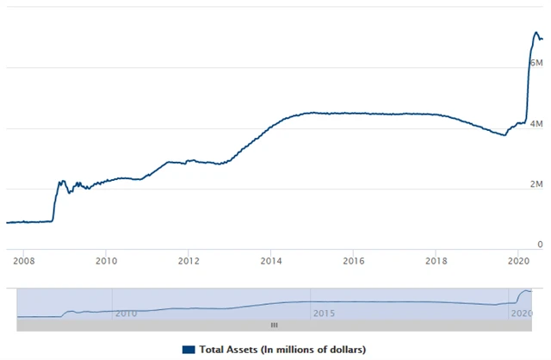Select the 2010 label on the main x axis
[x=106, y=259]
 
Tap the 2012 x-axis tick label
[x=189, y=259]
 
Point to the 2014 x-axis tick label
[x=271, y=259]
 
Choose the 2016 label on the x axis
[x=354, y=259]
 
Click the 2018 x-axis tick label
[x=436, y=259]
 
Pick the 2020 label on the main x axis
[x=519, y=259]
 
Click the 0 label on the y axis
[x=539, y=245]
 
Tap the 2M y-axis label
[x=536, y=184]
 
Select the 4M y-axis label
[x=536, y=124]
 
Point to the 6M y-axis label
[x=536, y=64]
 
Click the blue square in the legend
[x=188, y=349]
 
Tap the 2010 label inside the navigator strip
[x=126, y=313]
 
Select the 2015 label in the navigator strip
[x=323, y=313]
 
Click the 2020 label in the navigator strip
[x=520, y=313]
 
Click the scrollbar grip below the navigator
[x=275, y=325]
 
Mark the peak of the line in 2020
[x=536, y=34]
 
